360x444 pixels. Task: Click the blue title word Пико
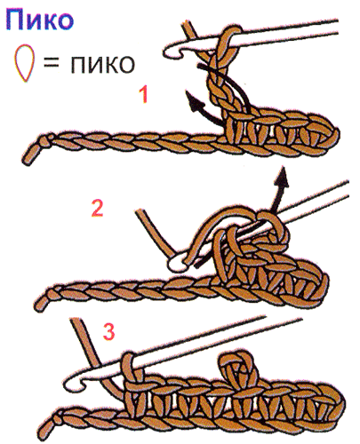pos(39,20)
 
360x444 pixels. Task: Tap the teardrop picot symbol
pos(23,63)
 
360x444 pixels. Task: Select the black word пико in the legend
pos(102,64)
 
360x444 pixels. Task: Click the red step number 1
pos(144,95)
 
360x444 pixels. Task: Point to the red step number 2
pos(98,208)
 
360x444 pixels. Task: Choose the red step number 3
pos(109,331)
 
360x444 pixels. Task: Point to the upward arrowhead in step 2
pos(283,177)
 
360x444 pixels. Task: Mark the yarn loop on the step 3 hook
pos(130,370)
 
